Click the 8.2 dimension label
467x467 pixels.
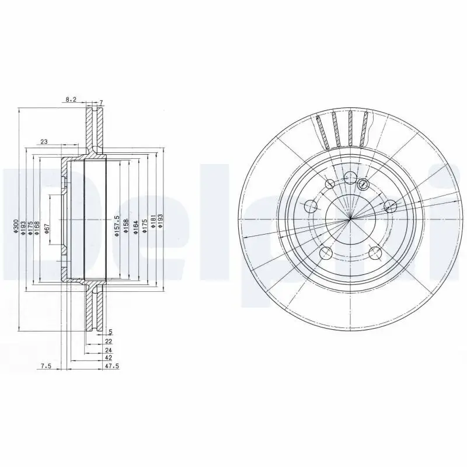(71, 100)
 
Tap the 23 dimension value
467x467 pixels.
(44, 141)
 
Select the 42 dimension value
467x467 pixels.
(109, 357)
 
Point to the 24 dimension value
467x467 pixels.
(109, 349)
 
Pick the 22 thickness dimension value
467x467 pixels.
(109, 340)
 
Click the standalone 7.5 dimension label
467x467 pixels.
(46, 366)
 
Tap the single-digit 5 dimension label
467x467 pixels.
(110, 332)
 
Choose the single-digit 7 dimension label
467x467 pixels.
(100, 103)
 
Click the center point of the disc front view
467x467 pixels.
(349, 219)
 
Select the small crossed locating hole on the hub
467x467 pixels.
(363, 185)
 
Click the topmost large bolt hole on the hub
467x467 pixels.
(350, 178)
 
